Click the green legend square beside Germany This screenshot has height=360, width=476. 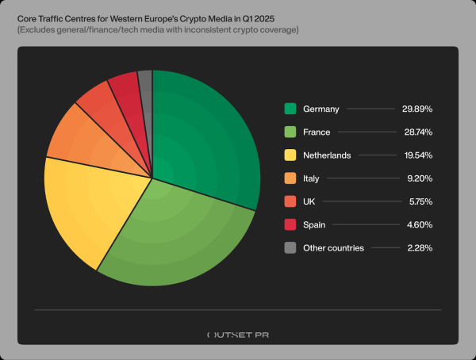tap(290, 109)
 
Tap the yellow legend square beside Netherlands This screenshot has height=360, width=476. tap(290, 155)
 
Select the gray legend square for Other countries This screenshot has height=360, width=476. tap(290, 247)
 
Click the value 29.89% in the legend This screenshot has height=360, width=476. tap(416, 109)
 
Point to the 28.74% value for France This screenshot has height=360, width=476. tap(416, 132)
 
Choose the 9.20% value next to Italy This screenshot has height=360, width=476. tap(418, 178)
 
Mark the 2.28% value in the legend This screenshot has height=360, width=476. tap(418, 247)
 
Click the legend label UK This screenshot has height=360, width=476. tap(310, 201)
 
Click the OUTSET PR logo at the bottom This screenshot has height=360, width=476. tap(237, 335)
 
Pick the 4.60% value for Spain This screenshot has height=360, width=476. tap(418, 224)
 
